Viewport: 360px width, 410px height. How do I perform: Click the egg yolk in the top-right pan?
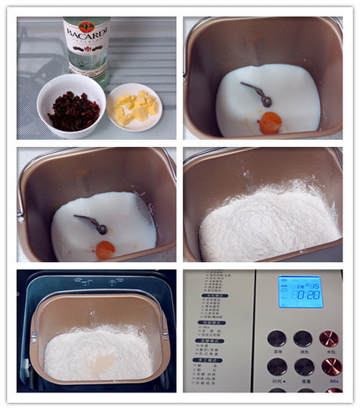click(270, 122)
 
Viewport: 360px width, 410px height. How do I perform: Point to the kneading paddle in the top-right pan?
click(258, 93)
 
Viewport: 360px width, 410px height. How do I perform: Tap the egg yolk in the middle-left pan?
click(105, 250)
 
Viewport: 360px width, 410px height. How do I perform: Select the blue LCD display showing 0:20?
click(300, 292)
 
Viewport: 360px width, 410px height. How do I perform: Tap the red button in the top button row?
click(329, 338)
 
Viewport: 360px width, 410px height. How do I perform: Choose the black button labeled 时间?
click(277, 367)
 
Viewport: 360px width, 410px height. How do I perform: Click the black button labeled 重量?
click(303, 367)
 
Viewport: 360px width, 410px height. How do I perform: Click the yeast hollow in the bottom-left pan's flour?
click(101, 364)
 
